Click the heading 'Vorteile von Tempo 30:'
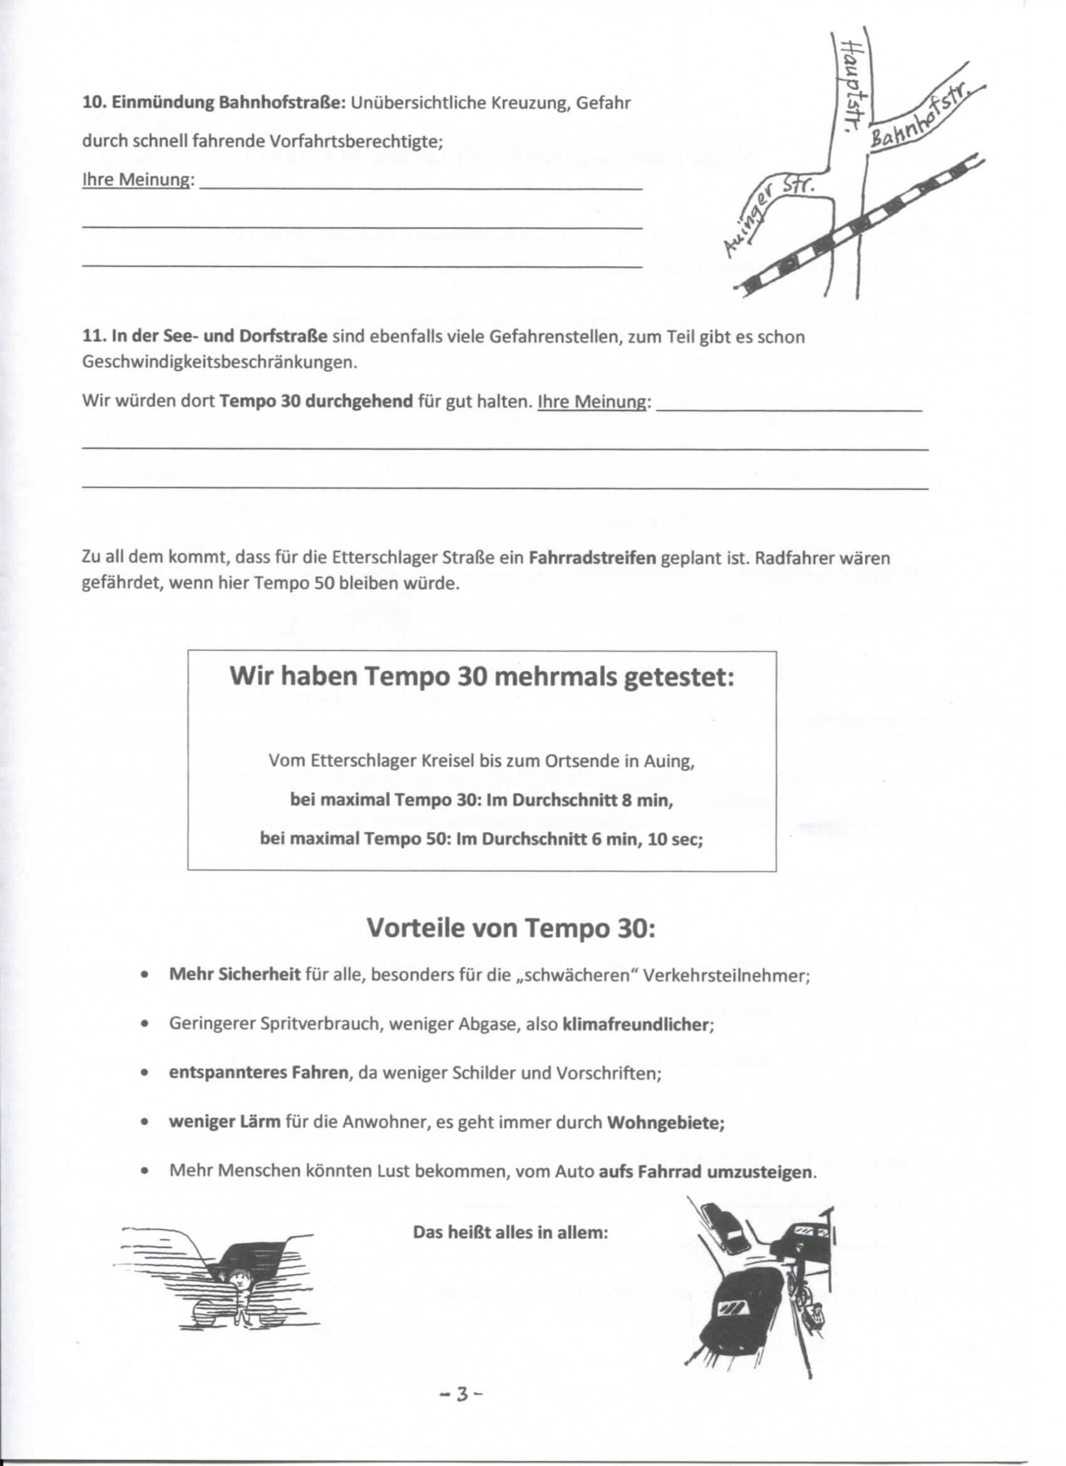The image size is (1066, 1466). [511, 928]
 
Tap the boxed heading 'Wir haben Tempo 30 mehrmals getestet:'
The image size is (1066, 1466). [482, 676]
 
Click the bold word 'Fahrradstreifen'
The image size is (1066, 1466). [592, 557]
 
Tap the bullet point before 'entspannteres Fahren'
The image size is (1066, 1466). [145, 1073]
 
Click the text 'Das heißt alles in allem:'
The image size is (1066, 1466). [510, 1232]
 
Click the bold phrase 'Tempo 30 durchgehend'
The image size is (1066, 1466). [316, 401]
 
